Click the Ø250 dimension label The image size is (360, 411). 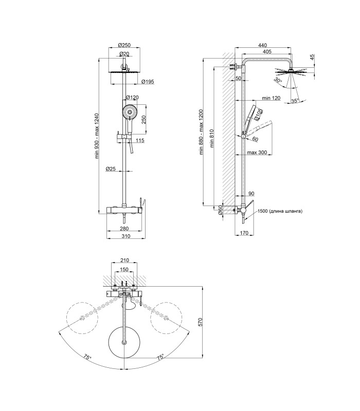pos(124,45)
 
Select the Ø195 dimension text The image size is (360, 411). pos(148,82)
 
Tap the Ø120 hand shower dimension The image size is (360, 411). pos(132,97)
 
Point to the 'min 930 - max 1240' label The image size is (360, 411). pos(97,136)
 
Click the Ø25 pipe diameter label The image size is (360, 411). pos(111,169)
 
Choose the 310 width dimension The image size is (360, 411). pos(126,236)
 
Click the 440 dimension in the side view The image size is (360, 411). pos(262,45)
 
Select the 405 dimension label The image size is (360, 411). pos(267,51)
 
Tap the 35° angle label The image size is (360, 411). pos(295,101)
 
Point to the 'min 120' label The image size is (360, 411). pos(271,98)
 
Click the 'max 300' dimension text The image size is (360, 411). pos(257,152)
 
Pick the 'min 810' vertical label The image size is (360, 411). pos(212,138)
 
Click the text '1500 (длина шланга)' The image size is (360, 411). pos(280,211)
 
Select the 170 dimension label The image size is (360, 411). pos(244,233)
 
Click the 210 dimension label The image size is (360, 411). pos(124,260)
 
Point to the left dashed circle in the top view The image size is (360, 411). pos(82,317)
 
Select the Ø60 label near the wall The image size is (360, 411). pos(221,210)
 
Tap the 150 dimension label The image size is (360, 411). pos(124,269)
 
